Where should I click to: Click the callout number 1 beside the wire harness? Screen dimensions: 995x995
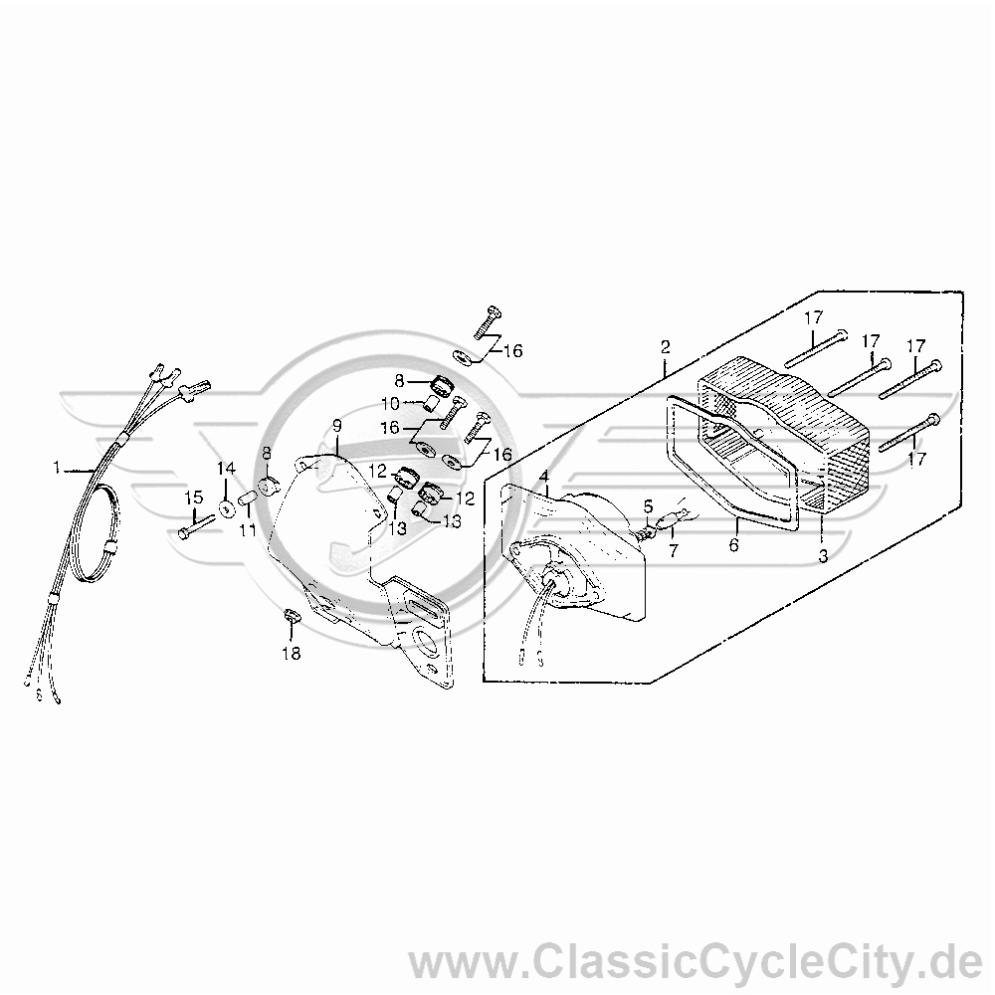click(57, 469)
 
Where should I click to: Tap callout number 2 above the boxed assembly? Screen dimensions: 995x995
click(665, 347)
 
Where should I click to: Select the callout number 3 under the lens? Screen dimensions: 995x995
click(823, 556)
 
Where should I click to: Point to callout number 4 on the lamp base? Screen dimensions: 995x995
click(544, 476)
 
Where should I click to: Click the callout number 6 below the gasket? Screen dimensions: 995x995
click(734, 544)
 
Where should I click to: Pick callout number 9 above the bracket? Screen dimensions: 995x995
click(337, 426)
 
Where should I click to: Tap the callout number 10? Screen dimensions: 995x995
click(391, 404)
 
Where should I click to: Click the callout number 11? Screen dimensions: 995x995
click(248, 528)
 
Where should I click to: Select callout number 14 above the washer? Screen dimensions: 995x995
click(227, 469)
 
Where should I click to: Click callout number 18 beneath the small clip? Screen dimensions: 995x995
click(292, 653)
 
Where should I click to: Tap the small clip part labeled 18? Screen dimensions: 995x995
click(291, 616)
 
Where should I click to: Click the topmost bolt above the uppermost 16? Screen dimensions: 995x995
click(488, 323)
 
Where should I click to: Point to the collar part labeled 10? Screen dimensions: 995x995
click(432, 403)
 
